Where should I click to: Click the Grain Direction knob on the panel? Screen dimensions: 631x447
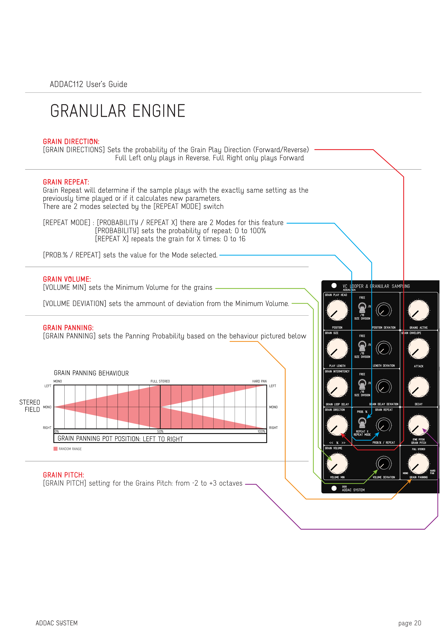337,425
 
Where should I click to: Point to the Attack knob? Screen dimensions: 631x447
418,349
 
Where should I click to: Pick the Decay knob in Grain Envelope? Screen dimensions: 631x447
418,387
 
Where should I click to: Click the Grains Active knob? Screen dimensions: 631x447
418,310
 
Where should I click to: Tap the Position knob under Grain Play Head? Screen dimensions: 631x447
337,310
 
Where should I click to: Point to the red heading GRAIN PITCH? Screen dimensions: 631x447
63,475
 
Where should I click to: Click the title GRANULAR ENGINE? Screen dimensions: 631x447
118,111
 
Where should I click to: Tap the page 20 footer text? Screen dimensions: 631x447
410,623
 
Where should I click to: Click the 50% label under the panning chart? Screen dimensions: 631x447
160,431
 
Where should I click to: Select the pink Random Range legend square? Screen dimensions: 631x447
56,449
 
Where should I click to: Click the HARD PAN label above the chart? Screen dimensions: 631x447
259,381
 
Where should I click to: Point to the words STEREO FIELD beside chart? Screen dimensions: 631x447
30,406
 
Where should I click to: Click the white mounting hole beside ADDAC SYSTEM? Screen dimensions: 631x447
334,488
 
